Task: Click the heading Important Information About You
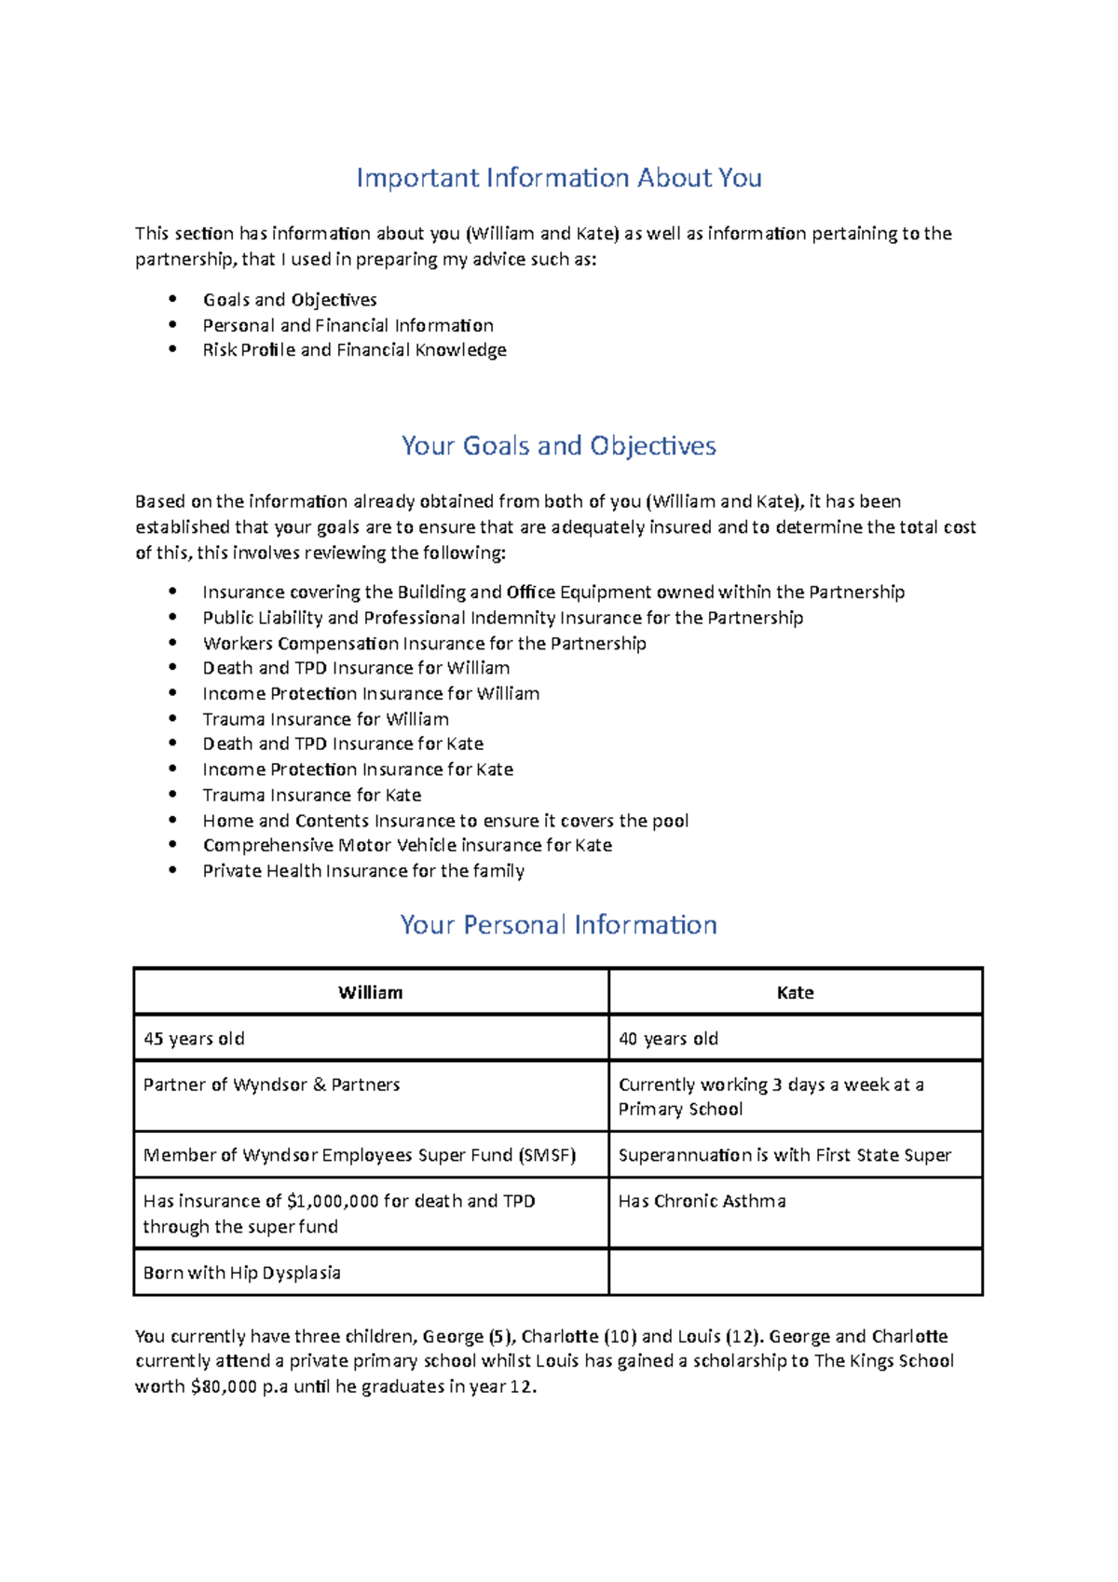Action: point(559,178)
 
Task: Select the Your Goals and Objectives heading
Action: point(559,446)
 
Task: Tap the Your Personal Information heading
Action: point(559,925)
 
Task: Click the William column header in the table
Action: point(371,993)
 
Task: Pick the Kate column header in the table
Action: point(795,993)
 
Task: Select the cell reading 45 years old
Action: point(194,1039)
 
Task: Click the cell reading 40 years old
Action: point(668,1039)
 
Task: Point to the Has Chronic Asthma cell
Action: point(702,1202)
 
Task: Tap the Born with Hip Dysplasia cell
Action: point(242,1274)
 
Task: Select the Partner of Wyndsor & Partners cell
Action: point(272,1085)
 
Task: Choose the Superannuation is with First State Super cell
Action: point(784,1155)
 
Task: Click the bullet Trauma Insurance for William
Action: point(326,720)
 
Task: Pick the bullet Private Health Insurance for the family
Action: point(363,871)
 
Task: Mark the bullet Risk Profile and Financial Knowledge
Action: point(355,350)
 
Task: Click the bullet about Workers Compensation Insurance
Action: point(424,644)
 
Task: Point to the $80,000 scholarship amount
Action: point(224,1387)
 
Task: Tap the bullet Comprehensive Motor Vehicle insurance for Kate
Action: point(407,846)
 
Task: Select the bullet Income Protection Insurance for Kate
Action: point(358,770)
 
